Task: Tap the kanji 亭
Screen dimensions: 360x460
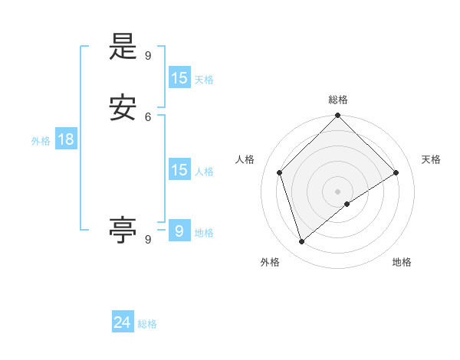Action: click(x=123, y=230)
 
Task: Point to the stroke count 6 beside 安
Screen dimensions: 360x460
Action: click(x=148, y=116)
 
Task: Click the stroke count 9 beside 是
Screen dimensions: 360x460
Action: click(x=148, y=56)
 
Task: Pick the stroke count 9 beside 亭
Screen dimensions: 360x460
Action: click(x=148, y=239)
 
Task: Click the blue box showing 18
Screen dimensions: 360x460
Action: click(x=65, y=139)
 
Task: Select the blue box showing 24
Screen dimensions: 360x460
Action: click(x=123, y=322)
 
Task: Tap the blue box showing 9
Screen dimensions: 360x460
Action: click(x=179, y=231)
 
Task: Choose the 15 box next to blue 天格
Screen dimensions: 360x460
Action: click(x=179, y=77)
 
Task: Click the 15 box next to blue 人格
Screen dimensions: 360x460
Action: click(x=179, y=170)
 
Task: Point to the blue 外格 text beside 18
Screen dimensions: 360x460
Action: click(x=41, y=141)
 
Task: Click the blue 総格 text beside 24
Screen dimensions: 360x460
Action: click(x=147, y=324)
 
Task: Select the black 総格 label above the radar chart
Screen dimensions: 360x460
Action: click(x=338, y=100)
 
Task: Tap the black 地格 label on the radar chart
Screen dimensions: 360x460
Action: click(x=402, y=262)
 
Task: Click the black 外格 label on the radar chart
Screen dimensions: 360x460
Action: click(x=270, y=262)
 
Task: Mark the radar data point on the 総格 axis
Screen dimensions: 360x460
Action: click(x=338, y=116)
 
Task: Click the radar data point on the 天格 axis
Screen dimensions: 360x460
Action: click(x=396, y=172)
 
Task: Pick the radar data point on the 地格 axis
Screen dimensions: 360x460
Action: click(x=347, y=204)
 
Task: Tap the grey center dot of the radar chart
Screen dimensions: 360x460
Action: click(x=338, y=191)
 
